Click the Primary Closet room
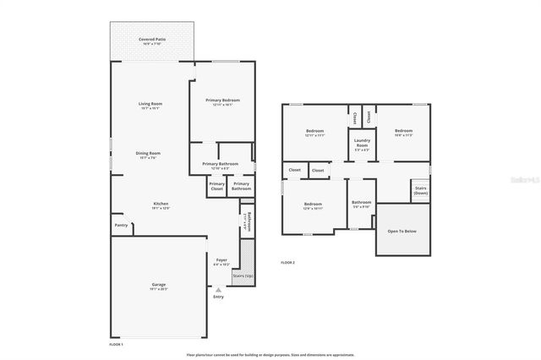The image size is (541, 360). pos(217,186)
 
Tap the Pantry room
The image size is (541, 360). pos(121,226)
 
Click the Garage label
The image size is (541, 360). pos(159,286)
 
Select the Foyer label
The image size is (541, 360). pos(221,261)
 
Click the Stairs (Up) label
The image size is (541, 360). pos(243,275)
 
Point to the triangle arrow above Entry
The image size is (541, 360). pos(219,289)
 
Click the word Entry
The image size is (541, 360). pos(219,297)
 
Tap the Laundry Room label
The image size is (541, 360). pos(362,143)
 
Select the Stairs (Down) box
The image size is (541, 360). pos(420,191)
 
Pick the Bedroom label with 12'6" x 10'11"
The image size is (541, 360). pos(314,205)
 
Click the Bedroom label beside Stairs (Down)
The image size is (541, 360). pos(403,132)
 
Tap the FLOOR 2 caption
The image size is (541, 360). pos(287,263)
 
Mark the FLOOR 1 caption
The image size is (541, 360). pos(117,345)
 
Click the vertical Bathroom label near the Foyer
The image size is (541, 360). pos(247,221)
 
